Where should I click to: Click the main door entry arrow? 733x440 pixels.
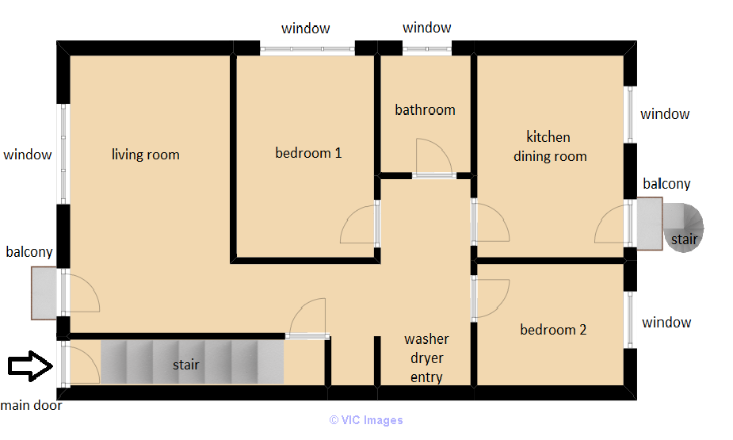tap(30, 365)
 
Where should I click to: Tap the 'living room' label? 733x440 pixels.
tap(145, 155)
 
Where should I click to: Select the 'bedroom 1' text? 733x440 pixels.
tap(308, 153)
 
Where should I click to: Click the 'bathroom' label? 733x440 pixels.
tap(425, 110)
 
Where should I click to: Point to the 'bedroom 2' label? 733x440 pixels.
tap(553, 330)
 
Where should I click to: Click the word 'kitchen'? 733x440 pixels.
tap(548, 137)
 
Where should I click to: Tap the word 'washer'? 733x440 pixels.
tap(426, 339)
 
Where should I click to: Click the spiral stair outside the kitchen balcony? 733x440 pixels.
tap(683, 228)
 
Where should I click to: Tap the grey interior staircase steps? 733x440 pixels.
tap(192, 362)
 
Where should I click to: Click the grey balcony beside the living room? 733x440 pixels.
tap(44, 293)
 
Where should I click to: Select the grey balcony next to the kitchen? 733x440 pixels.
tap(649, 224)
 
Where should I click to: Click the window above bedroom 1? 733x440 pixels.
tap(307, 48)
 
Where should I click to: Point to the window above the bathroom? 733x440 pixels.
tap(427, 48)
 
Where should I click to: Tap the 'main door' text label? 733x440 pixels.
tap(32, 405)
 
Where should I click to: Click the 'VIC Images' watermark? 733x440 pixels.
tap(366, 420)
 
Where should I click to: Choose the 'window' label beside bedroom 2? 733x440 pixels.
tap(666, 322)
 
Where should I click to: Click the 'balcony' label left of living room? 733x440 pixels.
tap(29, 252)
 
